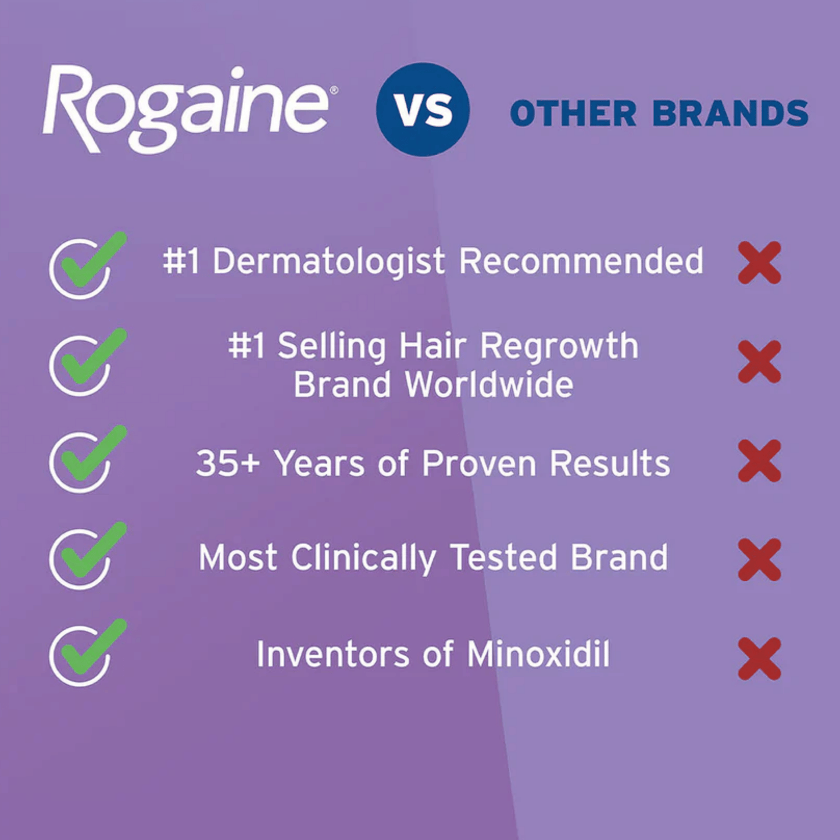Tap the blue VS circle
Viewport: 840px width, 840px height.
(423, 109)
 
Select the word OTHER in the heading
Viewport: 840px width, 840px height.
(573, 113)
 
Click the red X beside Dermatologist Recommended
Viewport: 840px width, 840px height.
(759, 263)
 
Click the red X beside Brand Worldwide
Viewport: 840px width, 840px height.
(759, 362)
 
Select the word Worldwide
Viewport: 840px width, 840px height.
(489, 385)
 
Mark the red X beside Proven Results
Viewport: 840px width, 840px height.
(759, 460)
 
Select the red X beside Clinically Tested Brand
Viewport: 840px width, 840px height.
(759, 559)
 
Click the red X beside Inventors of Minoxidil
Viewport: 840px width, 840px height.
(759, 658)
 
